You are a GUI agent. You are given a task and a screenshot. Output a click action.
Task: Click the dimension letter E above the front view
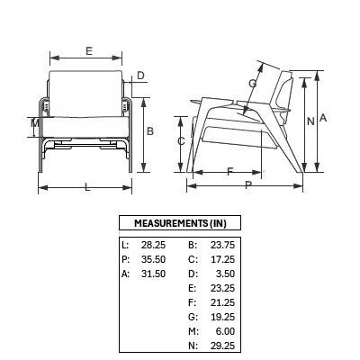click(89, 51)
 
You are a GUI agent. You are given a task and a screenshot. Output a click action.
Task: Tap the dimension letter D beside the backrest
click(140, 76)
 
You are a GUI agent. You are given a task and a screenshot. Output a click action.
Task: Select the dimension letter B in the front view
click(150, 131)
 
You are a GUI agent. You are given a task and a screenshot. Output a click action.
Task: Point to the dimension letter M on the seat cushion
click(35, 122)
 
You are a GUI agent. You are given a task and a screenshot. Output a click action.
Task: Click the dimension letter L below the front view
click(87, 187)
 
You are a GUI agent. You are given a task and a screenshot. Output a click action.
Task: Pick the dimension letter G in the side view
click(253, 84)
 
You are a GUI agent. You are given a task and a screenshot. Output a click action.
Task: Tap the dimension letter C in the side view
click(181, 141)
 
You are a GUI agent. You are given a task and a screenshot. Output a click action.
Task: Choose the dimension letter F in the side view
click(229, 172)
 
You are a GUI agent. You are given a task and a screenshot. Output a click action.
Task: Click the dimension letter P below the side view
click(248, 185)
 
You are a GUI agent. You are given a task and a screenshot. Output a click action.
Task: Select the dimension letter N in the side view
click(310, 121)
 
